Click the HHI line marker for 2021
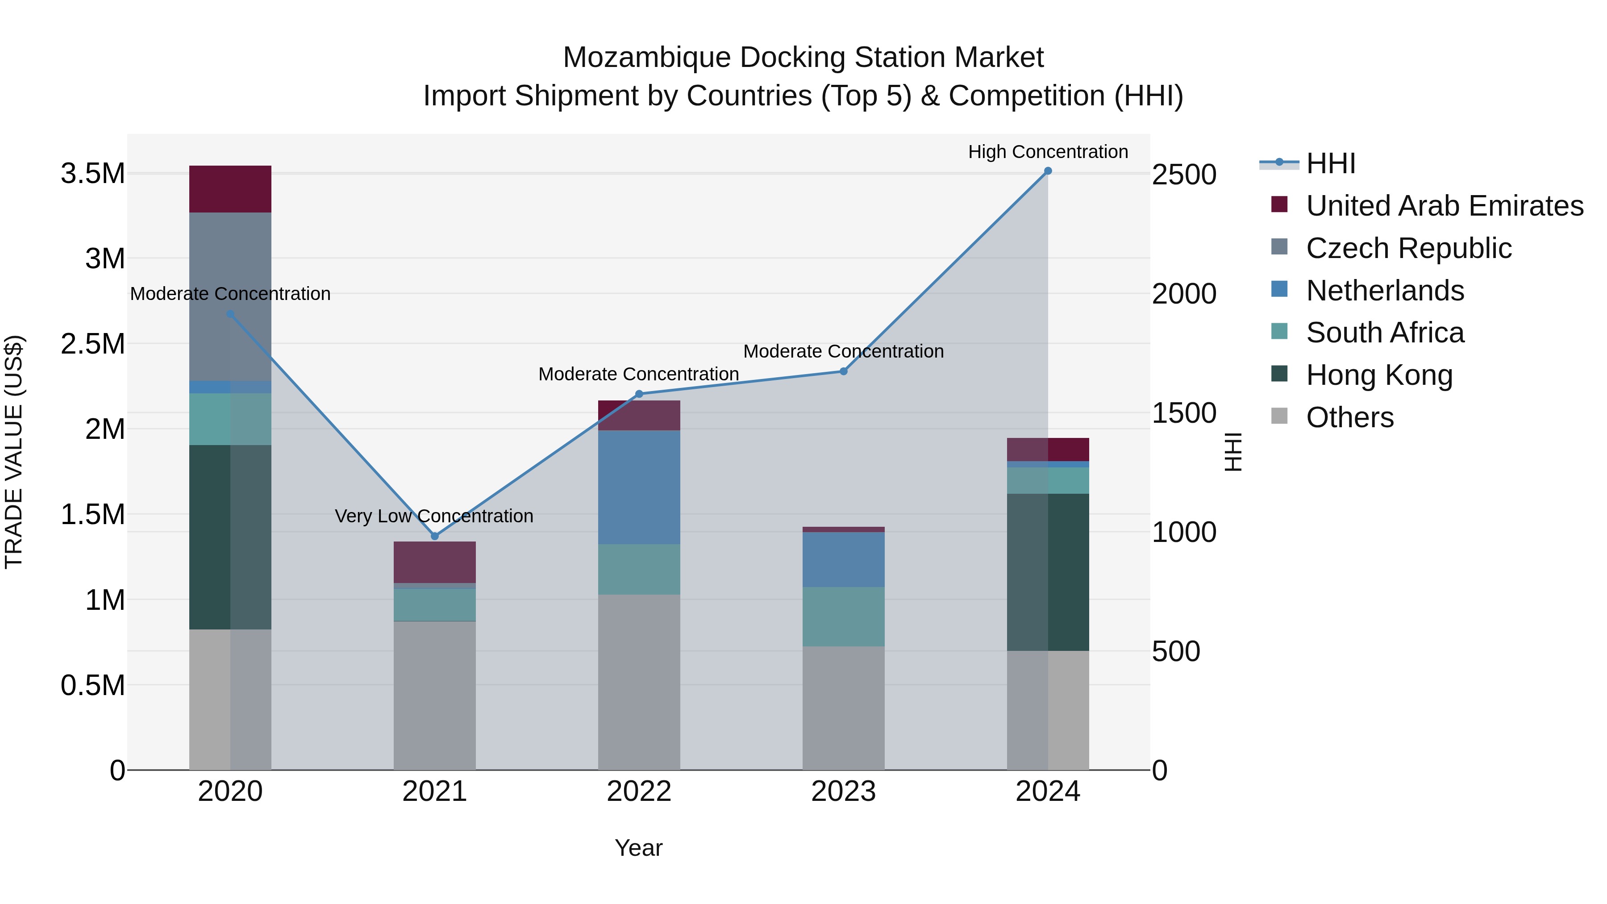click(x=435, y=536)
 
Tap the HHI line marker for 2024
click(x=1048, y=171)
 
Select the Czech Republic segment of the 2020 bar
click(x=230, y=296)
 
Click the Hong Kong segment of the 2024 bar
click(x=1048, y=572)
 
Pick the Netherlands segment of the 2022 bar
click(x=639, y=487)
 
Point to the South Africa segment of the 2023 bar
click(x=843, y=617)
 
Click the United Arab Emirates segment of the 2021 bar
click(x=435, y=562)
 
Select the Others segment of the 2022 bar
click(x=639, y=682)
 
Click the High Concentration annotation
click(x=1048, y=152)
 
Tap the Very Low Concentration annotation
click(x=434, y=516)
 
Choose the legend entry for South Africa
click(x=1385, y=333)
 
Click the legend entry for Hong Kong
click(x=1379, y=375)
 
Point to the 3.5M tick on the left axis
click(x=92, y=174)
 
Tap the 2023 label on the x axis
click(x=843, y=792)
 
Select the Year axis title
click(x=638, y=848)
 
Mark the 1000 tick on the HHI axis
click(x=1183, y=532)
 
